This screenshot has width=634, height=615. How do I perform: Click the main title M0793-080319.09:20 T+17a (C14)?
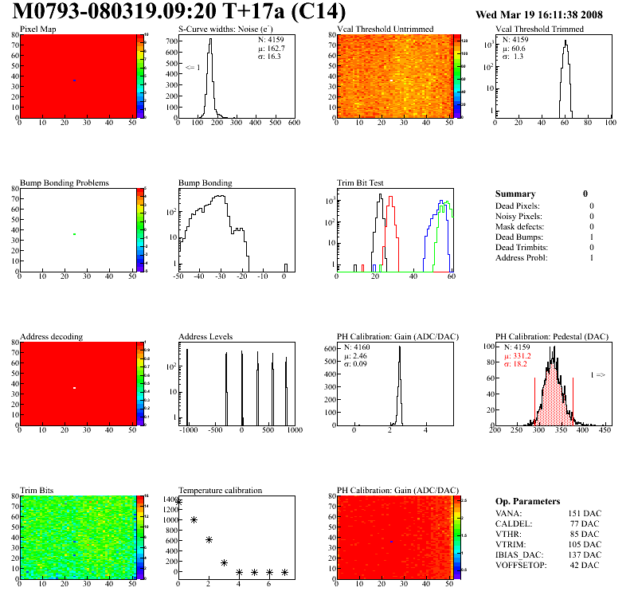point(179,12)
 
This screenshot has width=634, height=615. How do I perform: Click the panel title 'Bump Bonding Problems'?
point(65,182)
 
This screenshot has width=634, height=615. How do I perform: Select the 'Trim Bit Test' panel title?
point(361,182)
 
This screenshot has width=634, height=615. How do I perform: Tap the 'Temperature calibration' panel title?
point(220,490)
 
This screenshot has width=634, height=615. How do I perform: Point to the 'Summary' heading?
point(515,194)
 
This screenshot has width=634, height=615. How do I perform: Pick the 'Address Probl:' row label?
point(522,258)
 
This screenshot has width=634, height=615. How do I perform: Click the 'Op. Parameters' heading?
point(527,501)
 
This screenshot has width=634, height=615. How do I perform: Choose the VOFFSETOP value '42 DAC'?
point(586,565)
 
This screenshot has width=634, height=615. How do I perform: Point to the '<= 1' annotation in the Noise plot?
point(193,68)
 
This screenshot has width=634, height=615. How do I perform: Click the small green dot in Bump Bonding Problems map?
point(74,234)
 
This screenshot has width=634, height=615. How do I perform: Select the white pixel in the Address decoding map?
point(74,388)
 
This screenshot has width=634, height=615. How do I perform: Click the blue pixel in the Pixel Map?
point(74,80)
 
